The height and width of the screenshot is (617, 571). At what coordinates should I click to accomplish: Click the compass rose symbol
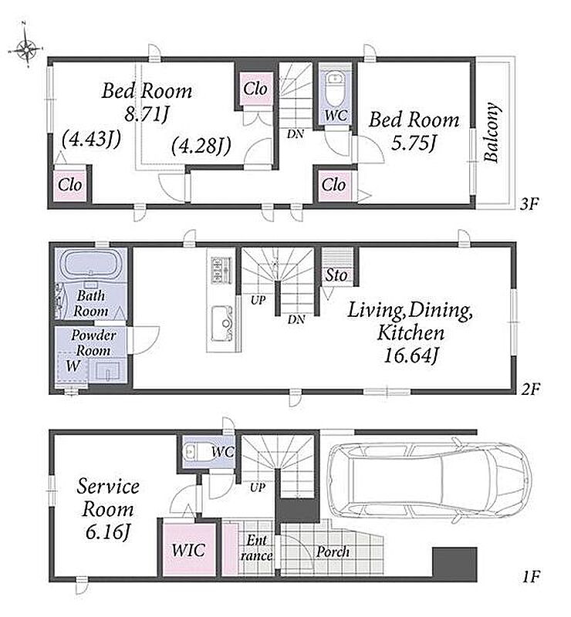[x=26, y=49]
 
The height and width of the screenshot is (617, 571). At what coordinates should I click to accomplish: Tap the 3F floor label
[x=529, y=204]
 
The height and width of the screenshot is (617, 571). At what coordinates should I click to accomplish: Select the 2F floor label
[x=529, y=389]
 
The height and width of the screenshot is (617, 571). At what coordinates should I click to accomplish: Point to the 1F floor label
[x=530, y=577]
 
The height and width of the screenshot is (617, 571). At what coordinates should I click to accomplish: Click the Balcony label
[x=492, y=132]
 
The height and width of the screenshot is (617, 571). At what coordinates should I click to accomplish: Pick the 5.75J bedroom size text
[x=414, y=143]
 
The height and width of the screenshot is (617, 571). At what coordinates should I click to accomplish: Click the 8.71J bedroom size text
[x=147, y=114]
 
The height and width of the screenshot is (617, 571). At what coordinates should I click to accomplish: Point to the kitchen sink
[x=222, y=323]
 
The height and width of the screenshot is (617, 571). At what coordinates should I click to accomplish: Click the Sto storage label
[x=336, y=275]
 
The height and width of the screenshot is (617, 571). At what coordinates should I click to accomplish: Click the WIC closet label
[x=188, y=550]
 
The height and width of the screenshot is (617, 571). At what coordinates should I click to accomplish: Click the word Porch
[x=333, y=551]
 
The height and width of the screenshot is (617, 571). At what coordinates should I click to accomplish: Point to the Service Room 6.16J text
[x=107, y=509]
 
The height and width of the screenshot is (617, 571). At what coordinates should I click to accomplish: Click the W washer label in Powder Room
[x=73, y=366]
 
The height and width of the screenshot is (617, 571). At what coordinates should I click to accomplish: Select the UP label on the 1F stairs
[x=258, y=487]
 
